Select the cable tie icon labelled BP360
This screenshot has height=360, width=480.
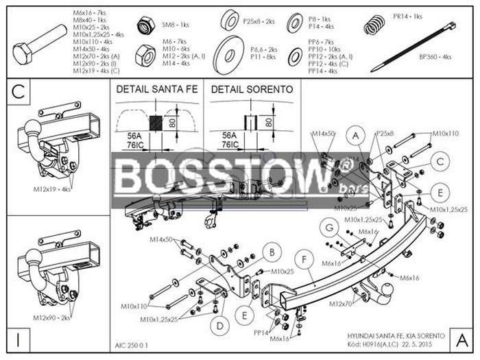coord(411,48)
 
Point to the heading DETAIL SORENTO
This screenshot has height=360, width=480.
coord(252,89)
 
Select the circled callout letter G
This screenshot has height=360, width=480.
coord(330,228)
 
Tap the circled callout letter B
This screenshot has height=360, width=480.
coord(272,252)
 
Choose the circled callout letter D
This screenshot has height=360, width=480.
coord(220,324)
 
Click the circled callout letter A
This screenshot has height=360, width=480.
coord(356,135)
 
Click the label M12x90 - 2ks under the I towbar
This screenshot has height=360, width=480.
coord(51,318)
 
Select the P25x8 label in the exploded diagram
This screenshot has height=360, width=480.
coord(385,132)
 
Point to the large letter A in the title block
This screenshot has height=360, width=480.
coord(461,338)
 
